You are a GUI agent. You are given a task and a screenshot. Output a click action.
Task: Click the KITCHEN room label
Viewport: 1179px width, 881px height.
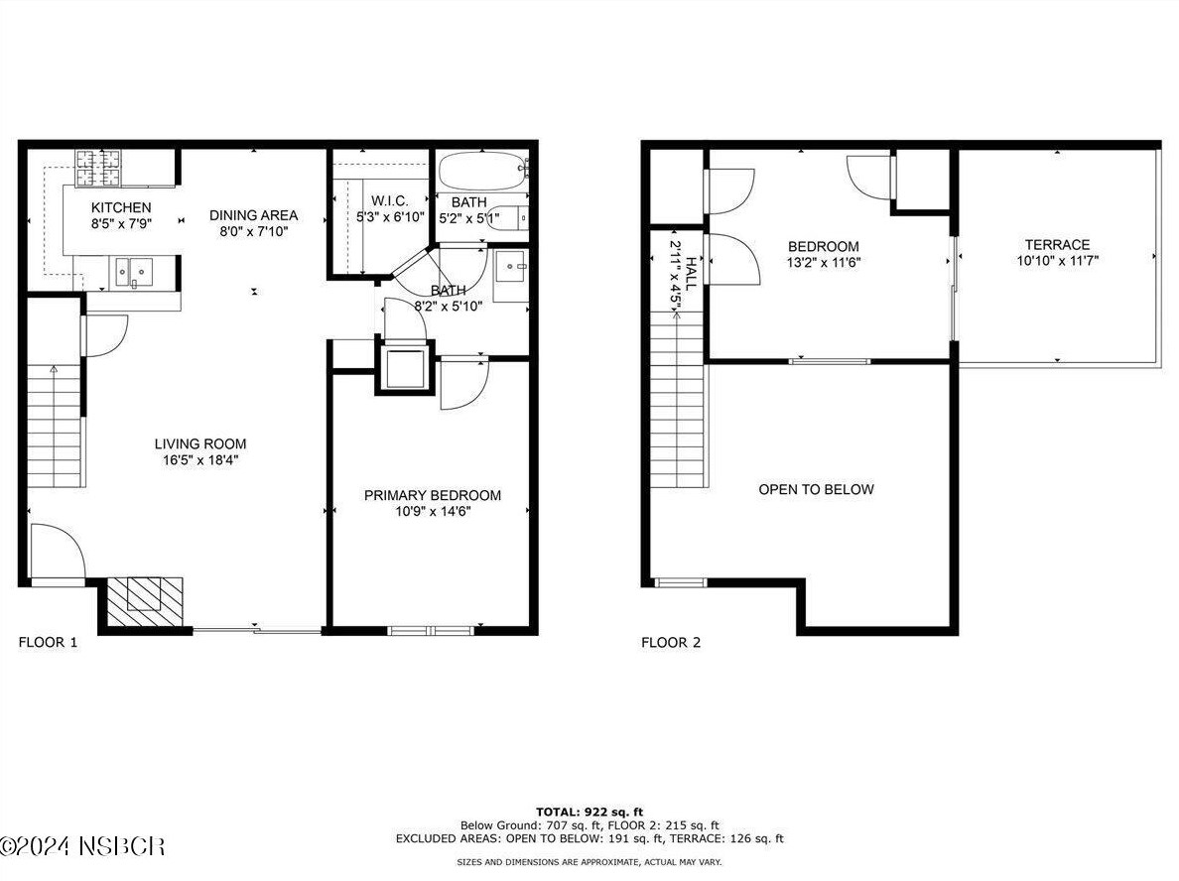[x=121, y=207]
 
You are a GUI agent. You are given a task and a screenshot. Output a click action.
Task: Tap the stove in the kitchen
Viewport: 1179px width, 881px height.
[x=98, y=167]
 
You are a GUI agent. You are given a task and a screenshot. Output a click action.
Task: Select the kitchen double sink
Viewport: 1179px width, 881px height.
[x=133, y=270]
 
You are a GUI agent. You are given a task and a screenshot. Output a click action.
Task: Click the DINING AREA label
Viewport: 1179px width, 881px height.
[x=253, y=215]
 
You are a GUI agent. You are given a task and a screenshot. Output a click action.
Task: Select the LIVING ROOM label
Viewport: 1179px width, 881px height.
[x=199, y=443]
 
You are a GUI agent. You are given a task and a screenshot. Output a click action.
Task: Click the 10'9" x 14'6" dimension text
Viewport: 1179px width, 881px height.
[x=432, y=511]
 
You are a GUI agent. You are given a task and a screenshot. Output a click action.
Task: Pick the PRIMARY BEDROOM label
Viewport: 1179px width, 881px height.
[x=432, y=495]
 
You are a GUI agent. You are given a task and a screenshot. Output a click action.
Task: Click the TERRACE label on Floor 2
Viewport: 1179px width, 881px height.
[x=1057, y=244]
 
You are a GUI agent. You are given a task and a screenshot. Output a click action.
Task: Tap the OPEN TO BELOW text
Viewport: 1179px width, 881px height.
[x=816, y=489]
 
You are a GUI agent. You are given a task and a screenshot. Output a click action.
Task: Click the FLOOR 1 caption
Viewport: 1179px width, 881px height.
[x=48, y=642]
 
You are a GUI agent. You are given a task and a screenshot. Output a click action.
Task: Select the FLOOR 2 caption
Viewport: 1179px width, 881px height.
[x=671, y=642]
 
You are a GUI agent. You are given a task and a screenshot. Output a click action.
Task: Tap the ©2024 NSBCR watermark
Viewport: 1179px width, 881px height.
[x=83, y=846]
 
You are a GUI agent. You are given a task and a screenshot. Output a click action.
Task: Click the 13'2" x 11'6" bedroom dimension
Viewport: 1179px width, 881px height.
[x=823, y=262]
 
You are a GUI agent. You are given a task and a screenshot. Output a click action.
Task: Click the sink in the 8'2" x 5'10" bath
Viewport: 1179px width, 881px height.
[x=510, y=266]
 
